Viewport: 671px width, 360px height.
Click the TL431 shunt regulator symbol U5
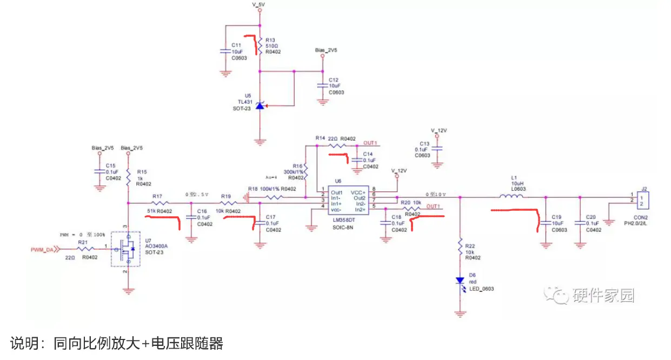click(260, 106)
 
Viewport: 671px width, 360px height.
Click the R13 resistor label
click(270, 40)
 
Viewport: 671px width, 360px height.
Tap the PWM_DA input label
click(42, 250)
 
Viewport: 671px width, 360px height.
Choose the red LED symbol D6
click(460, 281)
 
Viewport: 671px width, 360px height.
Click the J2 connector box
click(643, 201)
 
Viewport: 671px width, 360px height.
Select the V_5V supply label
click(260, 4)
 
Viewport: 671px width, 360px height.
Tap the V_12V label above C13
click(440, 130)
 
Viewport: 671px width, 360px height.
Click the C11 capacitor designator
click(236, 45)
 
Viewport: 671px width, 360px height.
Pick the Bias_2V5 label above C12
click(326, 50)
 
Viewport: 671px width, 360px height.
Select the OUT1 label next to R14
click(370, 143)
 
